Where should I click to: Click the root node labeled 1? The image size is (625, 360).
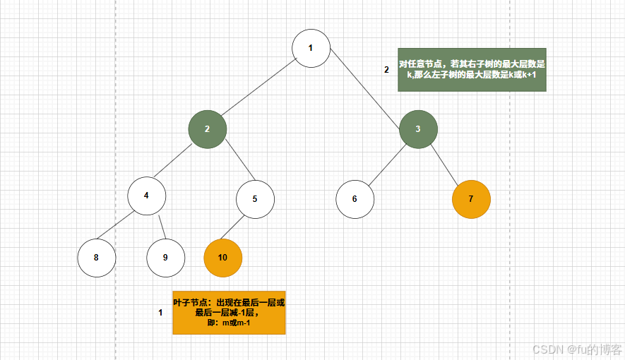(311, 48)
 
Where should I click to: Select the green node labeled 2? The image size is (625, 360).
(208, 128)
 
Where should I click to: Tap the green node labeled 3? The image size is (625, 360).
(418, 128)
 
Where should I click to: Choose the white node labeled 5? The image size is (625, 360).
(255, 198)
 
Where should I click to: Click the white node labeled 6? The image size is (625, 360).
(355, 198)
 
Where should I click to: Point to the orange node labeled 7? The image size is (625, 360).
(471, 198)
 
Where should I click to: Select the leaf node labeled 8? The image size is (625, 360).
(96, 257)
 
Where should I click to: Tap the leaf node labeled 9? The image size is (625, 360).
(165, 257)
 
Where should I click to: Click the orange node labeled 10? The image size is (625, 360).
(222, 257)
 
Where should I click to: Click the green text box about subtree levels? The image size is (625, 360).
(472, 69)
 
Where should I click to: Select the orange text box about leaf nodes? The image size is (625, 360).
(229, 312)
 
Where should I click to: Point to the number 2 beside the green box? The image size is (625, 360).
(386, 70)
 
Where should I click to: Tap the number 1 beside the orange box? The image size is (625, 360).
(160, 312)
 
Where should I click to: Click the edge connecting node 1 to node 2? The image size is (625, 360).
(258, 89)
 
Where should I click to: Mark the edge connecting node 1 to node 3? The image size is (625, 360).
(366, 89)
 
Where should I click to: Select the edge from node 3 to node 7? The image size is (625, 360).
(445, 164)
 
